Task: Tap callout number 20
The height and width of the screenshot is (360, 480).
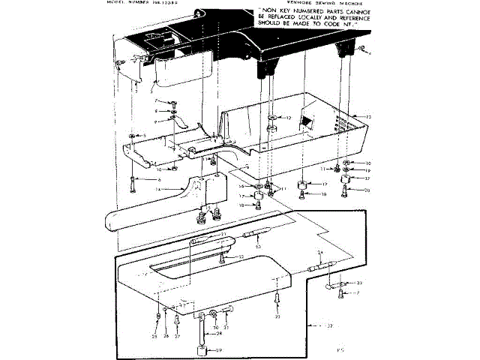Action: click(367, 190)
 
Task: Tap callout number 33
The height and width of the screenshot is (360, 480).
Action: click(358, 283)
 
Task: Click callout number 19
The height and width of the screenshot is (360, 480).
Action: click(367, 171)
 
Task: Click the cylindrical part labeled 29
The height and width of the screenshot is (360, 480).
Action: click(201, 350)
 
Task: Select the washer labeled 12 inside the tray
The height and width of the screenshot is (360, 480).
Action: click(274, 118)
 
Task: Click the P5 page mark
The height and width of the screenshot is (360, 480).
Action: click(339, 349)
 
